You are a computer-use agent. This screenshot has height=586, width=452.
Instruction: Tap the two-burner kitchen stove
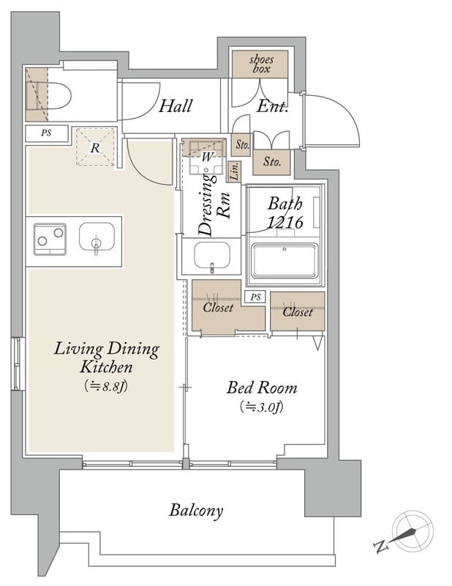pyautogui.click(x=50, y=240)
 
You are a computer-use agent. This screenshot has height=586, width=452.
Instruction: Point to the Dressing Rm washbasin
pyautogui.click(x=211, y=255)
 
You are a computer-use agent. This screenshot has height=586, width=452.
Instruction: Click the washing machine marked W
pyautogui.click(x=206, y=158)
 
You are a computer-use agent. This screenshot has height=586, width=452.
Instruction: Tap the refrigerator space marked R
pyautogui.click(x=95, y=147)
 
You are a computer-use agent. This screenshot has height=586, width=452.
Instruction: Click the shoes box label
pyautogui.click(x=261, y=64)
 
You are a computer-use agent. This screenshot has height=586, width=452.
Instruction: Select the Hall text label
pyautogui.click(x=176, y=105)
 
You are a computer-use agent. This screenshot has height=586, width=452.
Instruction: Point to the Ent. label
pyautogui.click(x=272, y=107)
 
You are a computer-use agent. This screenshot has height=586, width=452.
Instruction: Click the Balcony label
pyautogui.click(x=196, y=510)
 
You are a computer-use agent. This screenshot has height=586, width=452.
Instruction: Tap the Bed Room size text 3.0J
pyautogui.click(x=262, y=407)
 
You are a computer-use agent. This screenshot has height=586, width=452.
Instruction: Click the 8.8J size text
pyautogui.click(x=106, y=386)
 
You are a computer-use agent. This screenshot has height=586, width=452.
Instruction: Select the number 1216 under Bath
pyautogui.click(x=285, y=223)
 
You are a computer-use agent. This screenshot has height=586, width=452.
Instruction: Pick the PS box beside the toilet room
pyautogui.click(x=47, y=133)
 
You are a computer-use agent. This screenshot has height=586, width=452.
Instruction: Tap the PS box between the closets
pyautogui.click(x=255, y=297)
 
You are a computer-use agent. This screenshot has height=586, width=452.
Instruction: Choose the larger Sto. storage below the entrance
pyautogui.click(x=271, y=162)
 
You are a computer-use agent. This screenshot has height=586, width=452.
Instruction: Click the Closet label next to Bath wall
pyautogui.click(x=298, y=312)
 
